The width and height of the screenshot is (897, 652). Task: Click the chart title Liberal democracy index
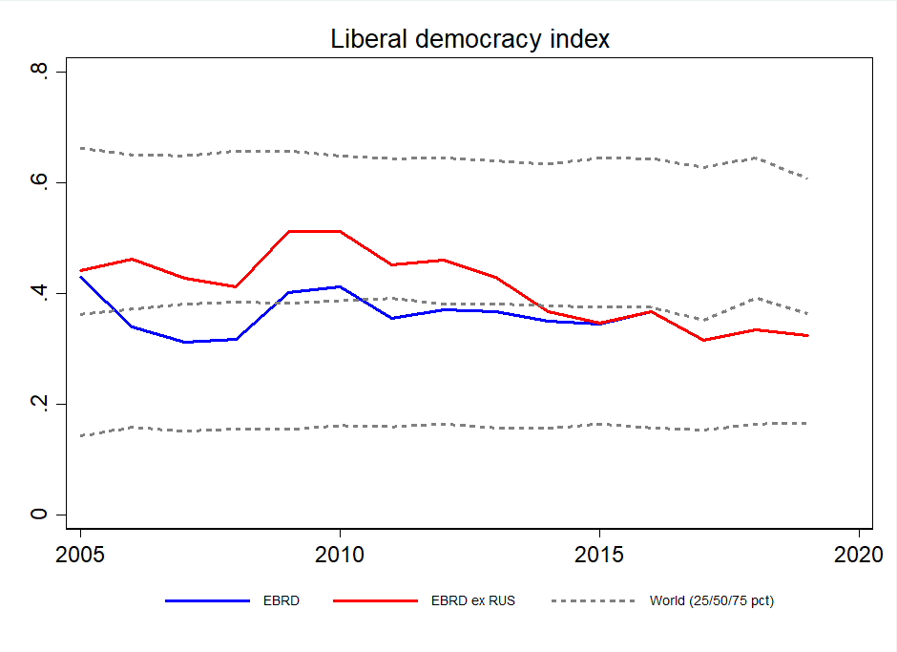pos(469,39)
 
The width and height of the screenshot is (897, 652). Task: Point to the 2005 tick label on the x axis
pos(80,555)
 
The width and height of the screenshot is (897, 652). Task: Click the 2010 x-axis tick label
pos(340,555)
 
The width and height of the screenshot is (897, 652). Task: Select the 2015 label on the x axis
pos(599,555)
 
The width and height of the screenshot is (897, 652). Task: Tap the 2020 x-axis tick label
pos(858,555)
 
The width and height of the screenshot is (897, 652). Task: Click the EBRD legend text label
pos(281,601)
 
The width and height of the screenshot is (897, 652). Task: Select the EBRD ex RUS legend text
pos(472,601)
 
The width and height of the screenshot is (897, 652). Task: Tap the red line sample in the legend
pos(376,601)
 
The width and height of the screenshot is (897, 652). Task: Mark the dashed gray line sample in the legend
pos(593,601)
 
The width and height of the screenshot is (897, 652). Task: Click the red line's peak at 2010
pos(340,231)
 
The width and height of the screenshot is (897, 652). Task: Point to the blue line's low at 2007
pos(184,342)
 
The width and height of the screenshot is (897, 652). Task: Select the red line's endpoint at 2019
pos(807,336)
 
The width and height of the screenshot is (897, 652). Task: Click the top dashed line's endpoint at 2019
pos(807,179)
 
